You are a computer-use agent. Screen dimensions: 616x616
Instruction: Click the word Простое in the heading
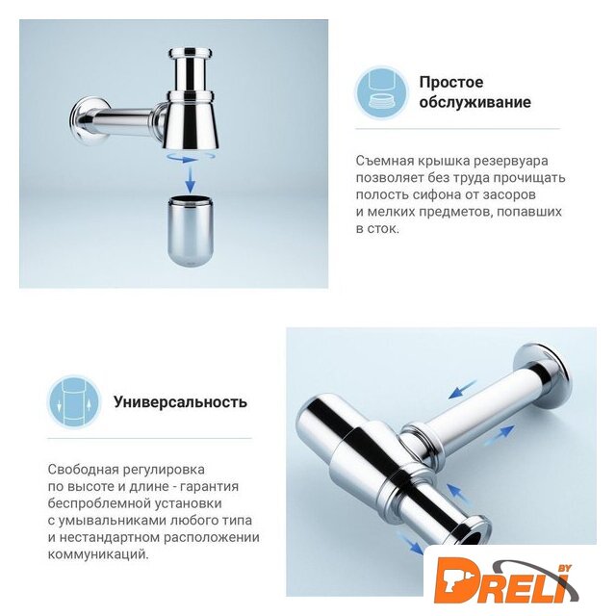(451, 83)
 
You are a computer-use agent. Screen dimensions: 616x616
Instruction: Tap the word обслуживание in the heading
(475, 102)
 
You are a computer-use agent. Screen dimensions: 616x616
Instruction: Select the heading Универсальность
(180, 402)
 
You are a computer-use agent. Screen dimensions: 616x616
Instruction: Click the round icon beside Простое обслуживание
(381, 93)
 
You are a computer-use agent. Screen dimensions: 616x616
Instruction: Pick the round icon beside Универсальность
(74, 401)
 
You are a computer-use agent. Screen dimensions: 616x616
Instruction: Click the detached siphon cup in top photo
(191, 231)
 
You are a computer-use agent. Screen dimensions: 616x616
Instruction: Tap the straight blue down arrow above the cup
(191, 179)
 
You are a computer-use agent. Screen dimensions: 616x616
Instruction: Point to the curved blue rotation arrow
(191, 158)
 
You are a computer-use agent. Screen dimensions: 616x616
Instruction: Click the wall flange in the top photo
(89, 119)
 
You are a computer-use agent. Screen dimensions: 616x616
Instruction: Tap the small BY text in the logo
(565, 568)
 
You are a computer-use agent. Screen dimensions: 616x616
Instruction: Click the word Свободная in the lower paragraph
(81, 470)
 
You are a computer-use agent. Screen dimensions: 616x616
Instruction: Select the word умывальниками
(112, 521)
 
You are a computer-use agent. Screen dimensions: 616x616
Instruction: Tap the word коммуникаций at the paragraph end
(98, 554)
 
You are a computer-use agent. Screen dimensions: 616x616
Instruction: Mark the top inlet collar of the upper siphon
(191, 53)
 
